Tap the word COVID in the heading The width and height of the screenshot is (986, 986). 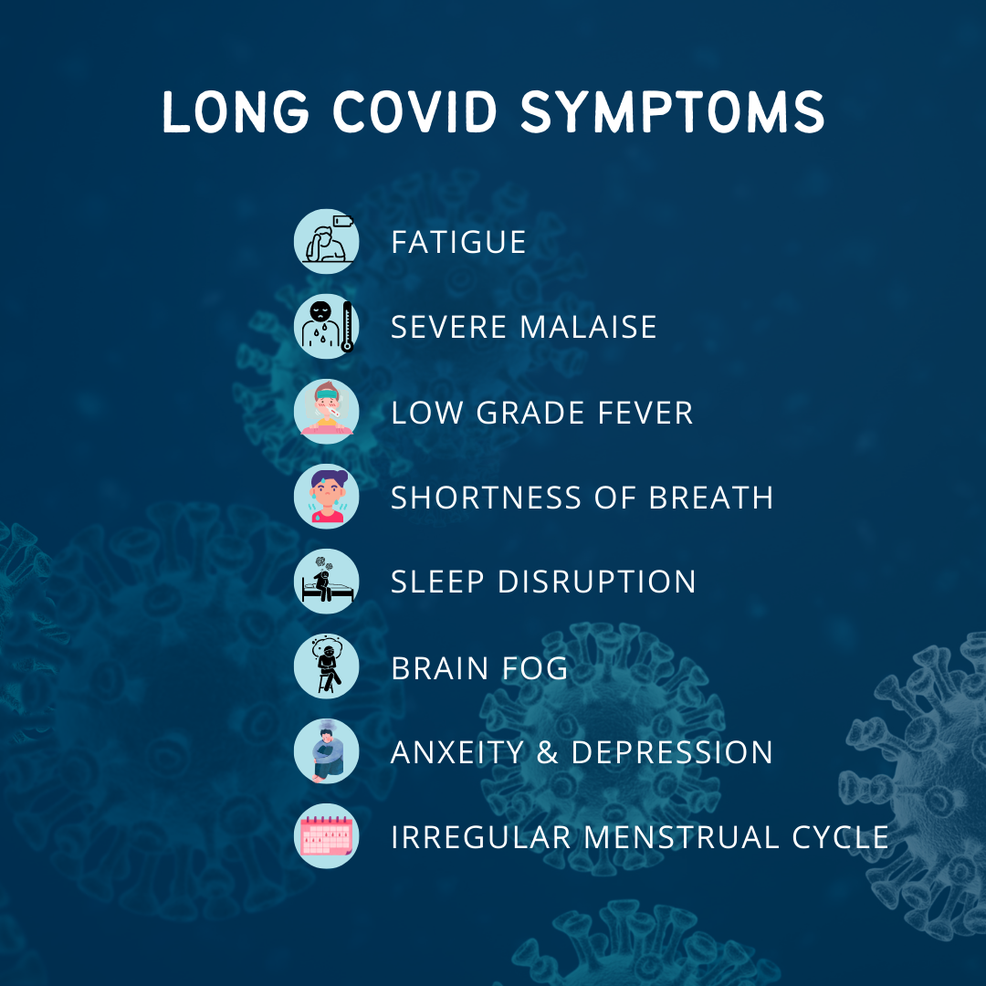tap(414, 113)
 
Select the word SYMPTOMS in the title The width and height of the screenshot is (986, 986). tap(672, 113)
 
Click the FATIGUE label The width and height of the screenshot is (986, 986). tap(458, 242)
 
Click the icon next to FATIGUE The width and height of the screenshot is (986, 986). tap(326, 242)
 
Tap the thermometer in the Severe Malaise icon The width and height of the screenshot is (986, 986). tap(347, 328)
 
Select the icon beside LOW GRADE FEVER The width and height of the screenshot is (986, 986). tap(326, 413)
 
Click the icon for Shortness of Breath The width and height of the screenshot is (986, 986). tap(326, 498)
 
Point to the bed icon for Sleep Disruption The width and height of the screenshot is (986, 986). tap(326, 582)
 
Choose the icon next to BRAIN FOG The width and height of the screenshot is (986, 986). tap(326, 667)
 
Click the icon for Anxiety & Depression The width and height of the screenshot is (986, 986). tap(326, 752)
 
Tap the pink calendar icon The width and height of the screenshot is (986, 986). tap(326, 837)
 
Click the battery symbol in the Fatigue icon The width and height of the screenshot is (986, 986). tap(343, 220)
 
